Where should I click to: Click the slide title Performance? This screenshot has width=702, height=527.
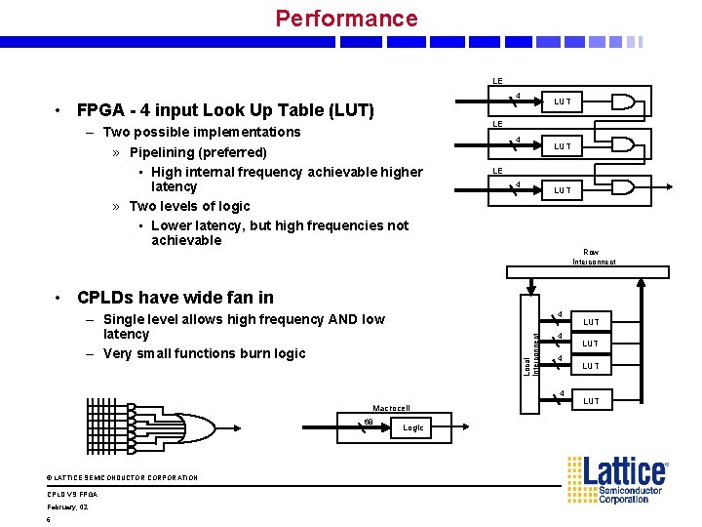pos(346,19)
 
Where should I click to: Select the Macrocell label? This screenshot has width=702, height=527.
pos(391,408)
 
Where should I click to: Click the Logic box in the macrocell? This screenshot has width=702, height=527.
pos(413,427)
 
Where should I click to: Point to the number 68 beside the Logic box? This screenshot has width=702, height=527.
pos(369,422)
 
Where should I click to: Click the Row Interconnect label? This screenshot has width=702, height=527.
pos(594,257)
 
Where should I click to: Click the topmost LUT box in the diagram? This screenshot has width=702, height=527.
pos(563,101)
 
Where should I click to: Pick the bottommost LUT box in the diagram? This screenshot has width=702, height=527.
pos(592,401)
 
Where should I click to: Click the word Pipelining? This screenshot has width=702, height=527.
pos(166,152)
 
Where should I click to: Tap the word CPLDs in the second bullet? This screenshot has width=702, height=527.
pos(106,298)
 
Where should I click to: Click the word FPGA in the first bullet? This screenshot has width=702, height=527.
pos(98,110)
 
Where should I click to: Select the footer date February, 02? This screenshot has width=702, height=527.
pos(67,507)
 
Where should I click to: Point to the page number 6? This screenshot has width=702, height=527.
pos(49,519)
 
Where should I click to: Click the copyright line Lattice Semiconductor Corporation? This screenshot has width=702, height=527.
pos(122,477)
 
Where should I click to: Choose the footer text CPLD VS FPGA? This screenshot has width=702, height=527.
pos(72,494)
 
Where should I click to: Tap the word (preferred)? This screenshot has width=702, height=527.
pos(234,152)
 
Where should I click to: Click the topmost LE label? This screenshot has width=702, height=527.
pos(497,81)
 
